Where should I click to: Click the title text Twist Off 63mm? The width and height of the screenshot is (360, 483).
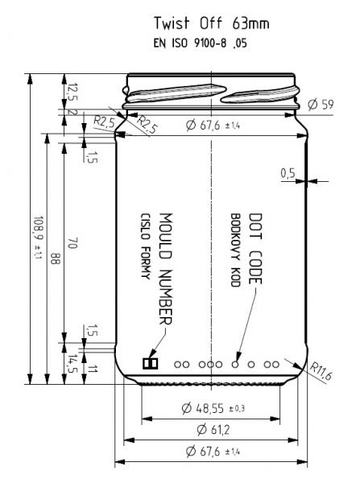pyautogui.click(x=212, y=23)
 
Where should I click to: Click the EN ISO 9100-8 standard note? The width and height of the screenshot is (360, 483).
pyautogui.click(x=201, y=43)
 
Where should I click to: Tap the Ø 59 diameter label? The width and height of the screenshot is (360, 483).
pyautogui.click(x=321, y=105)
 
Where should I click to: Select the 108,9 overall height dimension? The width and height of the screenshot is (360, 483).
pyautogui.click(x=38, y=237)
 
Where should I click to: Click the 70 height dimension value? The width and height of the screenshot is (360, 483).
pyautogui.click(x=72, y=243)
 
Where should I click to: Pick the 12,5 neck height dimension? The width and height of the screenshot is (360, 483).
pyautogui.click(x=72, y=92)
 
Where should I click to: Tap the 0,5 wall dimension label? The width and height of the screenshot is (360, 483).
pyautogui.click(x=288, y=173)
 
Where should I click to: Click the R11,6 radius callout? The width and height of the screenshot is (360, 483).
pyautogui.click(x=321, y=371)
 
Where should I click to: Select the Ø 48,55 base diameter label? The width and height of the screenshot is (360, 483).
pyautogui.click(x=213, y=408)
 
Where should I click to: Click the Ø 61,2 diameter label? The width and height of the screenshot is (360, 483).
pyautogui.click(x=213, y=429)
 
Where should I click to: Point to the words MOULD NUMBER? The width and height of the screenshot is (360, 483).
pyautogui.click(x=166, y=269)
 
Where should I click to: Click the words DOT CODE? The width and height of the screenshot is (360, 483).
pyautogui.click(x=255, y=249)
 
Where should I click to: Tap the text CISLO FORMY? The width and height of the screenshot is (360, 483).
pyautogui.click(x=145, y=246)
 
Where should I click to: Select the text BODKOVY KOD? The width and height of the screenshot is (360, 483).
pyautogui.click(x=235, y=250)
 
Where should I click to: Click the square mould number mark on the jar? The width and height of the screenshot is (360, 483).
pyautogui.click(x=151, y=364)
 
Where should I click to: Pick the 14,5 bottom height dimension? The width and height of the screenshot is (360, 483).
pyautogui.click(x=72, y=364)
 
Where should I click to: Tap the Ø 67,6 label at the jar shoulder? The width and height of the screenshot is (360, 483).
pyautogui.click(x=213, y=126)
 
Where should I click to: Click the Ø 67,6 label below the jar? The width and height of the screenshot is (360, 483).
pyautogui.click(x=213, y=452)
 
